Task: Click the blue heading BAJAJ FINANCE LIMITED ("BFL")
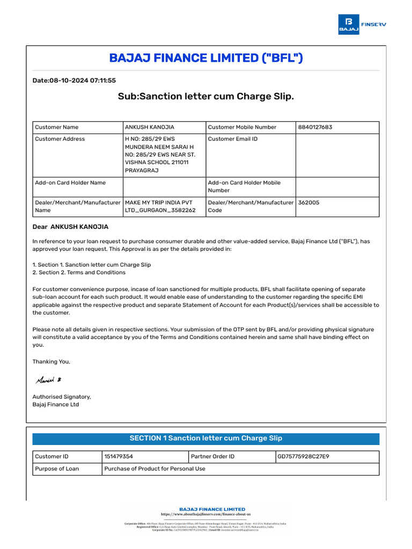click(x=206, y=58)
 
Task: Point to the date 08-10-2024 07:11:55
click(x=74, y=80)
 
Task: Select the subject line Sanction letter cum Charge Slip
click(x=206, y=97)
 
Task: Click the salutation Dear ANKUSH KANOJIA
click(x=70, y=227)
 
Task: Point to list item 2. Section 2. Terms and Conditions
click(x=79, y=272)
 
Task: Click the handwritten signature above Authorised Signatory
click(x=48, y=380)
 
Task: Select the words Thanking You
click(x=51, y=361)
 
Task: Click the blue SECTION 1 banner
click(x=206, y=439)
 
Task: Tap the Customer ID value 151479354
click(x=119, y=457)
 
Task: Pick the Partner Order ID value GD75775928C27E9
click(x=303, y=457)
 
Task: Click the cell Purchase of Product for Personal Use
click(x=154, y=469)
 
